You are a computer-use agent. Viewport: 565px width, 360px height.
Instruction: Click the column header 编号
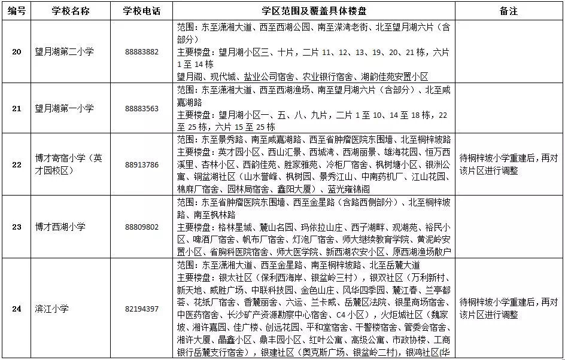(17, 11)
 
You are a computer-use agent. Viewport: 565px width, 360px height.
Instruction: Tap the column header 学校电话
(142, 11)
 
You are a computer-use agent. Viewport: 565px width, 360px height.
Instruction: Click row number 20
(17, 51)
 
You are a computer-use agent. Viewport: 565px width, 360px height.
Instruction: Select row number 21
(17, 108)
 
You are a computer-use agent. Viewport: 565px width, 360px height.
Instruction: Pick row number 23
(17, 227)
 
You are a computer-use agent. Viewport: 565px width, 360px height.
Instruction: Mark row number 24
(17, 309)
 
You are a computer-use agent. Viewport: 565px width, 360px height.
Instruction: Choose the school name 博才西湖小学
(60, 227)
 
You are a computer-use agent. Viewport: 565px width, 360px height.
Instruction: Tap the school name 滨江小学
(52, 309)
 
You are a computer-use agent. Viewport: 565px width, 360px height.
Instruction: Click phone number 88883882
(142, 52)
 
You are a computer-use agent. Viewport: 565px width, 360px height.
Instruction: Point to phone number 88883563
(142, 108)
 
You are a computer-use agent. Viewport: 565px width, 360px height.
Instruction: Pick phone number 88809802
(142, 227)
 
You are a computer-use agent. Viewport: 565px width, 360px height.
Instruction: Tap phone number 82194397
(142, 309)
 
